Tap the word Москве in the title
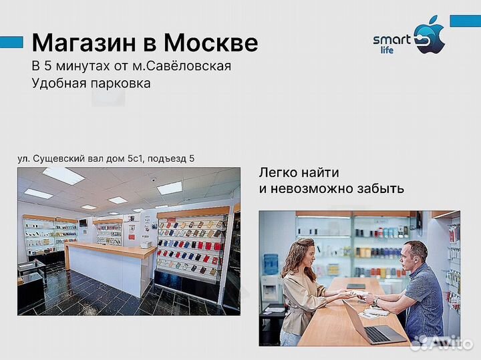pyautogui.click(x=211, y=43)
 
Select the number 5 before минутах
pyautogui.click(x=47, y=66)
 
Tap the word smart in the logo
pyautogui.click(x=391, y=40)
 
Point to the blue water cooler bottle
pyautogui.click(x=270, y=264)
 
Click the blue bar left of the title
pyautogui.click(x=11, y=43)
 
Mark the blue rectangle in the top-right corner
pyautogui.click(x=465, y=21)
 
